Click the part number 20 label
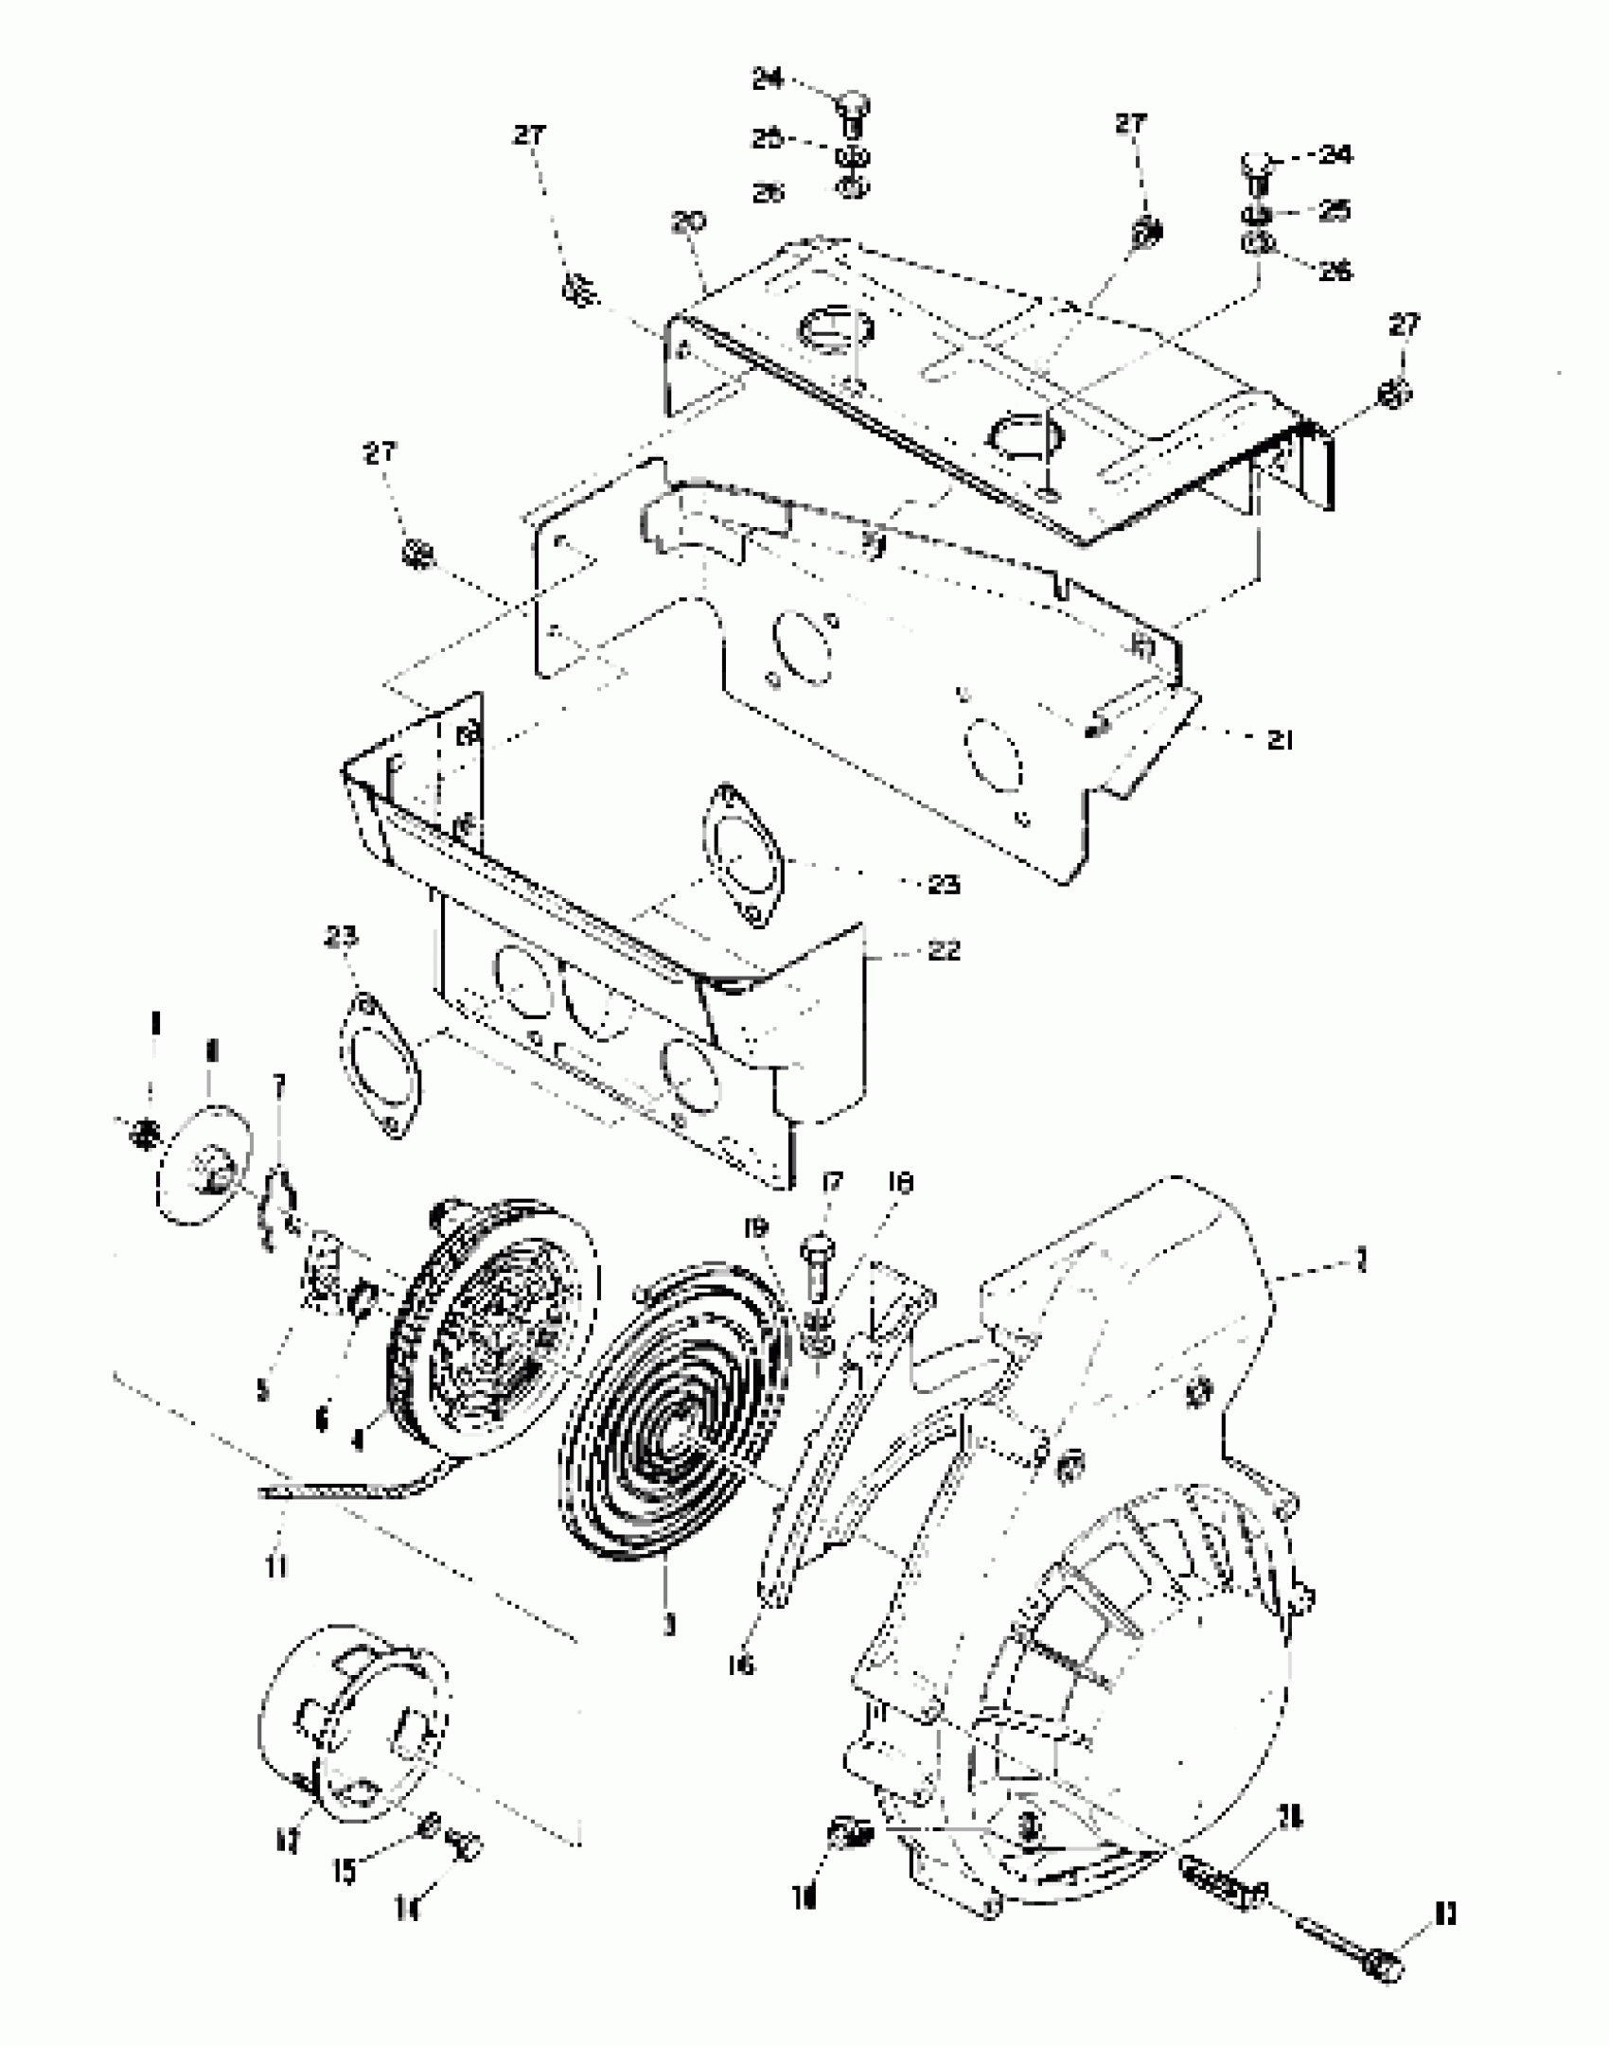coord(688,223)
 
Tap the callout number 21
coord(1279,740)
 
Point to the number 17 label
coord(832,1183)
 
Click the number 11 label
coord(275,1568)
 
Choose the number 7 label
coord(278,1085)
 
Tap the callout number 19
coord(756,1228)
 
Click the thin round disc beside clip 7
coord(202,1162)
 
